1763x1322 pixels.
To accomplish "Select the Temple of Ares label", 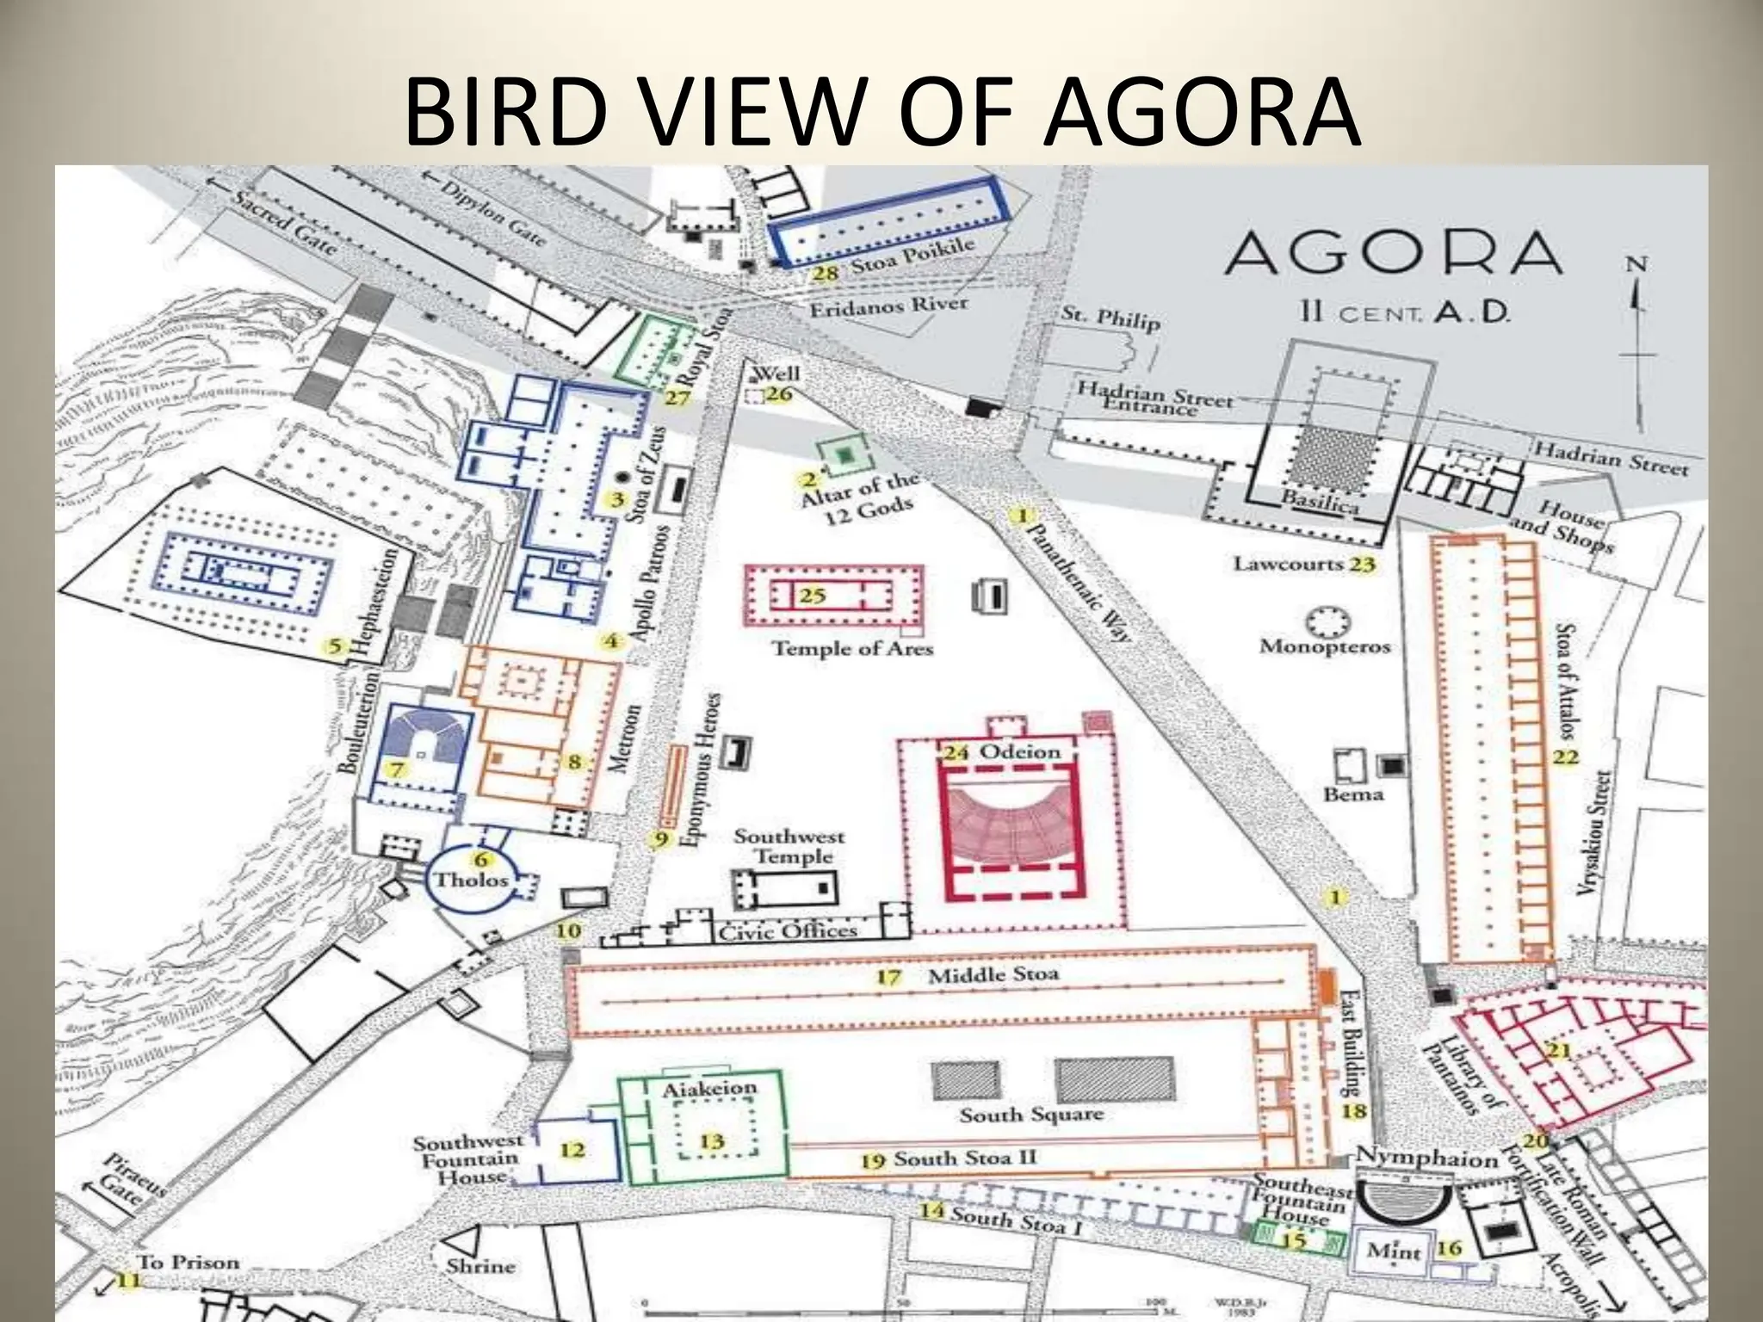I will pos(852,647).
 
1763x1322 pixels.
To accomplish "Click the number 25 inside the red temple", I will pos(812,595).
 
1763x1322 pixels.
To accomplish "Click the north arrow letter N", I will pos(1637,264).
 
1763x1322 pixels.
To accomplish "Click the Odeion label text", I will pos(1021,751).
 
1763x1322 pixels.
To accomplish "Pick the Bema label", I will pos(1353,794).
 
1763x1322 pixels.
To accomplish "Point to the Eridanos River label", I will pos(888,305).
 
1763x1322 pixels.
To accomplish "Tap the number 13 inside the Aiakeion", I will pos(711,1141).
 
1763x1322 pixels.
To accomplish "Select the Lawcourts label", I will pos(1288,564).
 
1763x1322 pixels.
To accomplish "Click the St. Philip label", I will pos(1110,318).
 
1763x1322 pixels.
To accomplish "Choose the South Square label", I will pos(1030,1115).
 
